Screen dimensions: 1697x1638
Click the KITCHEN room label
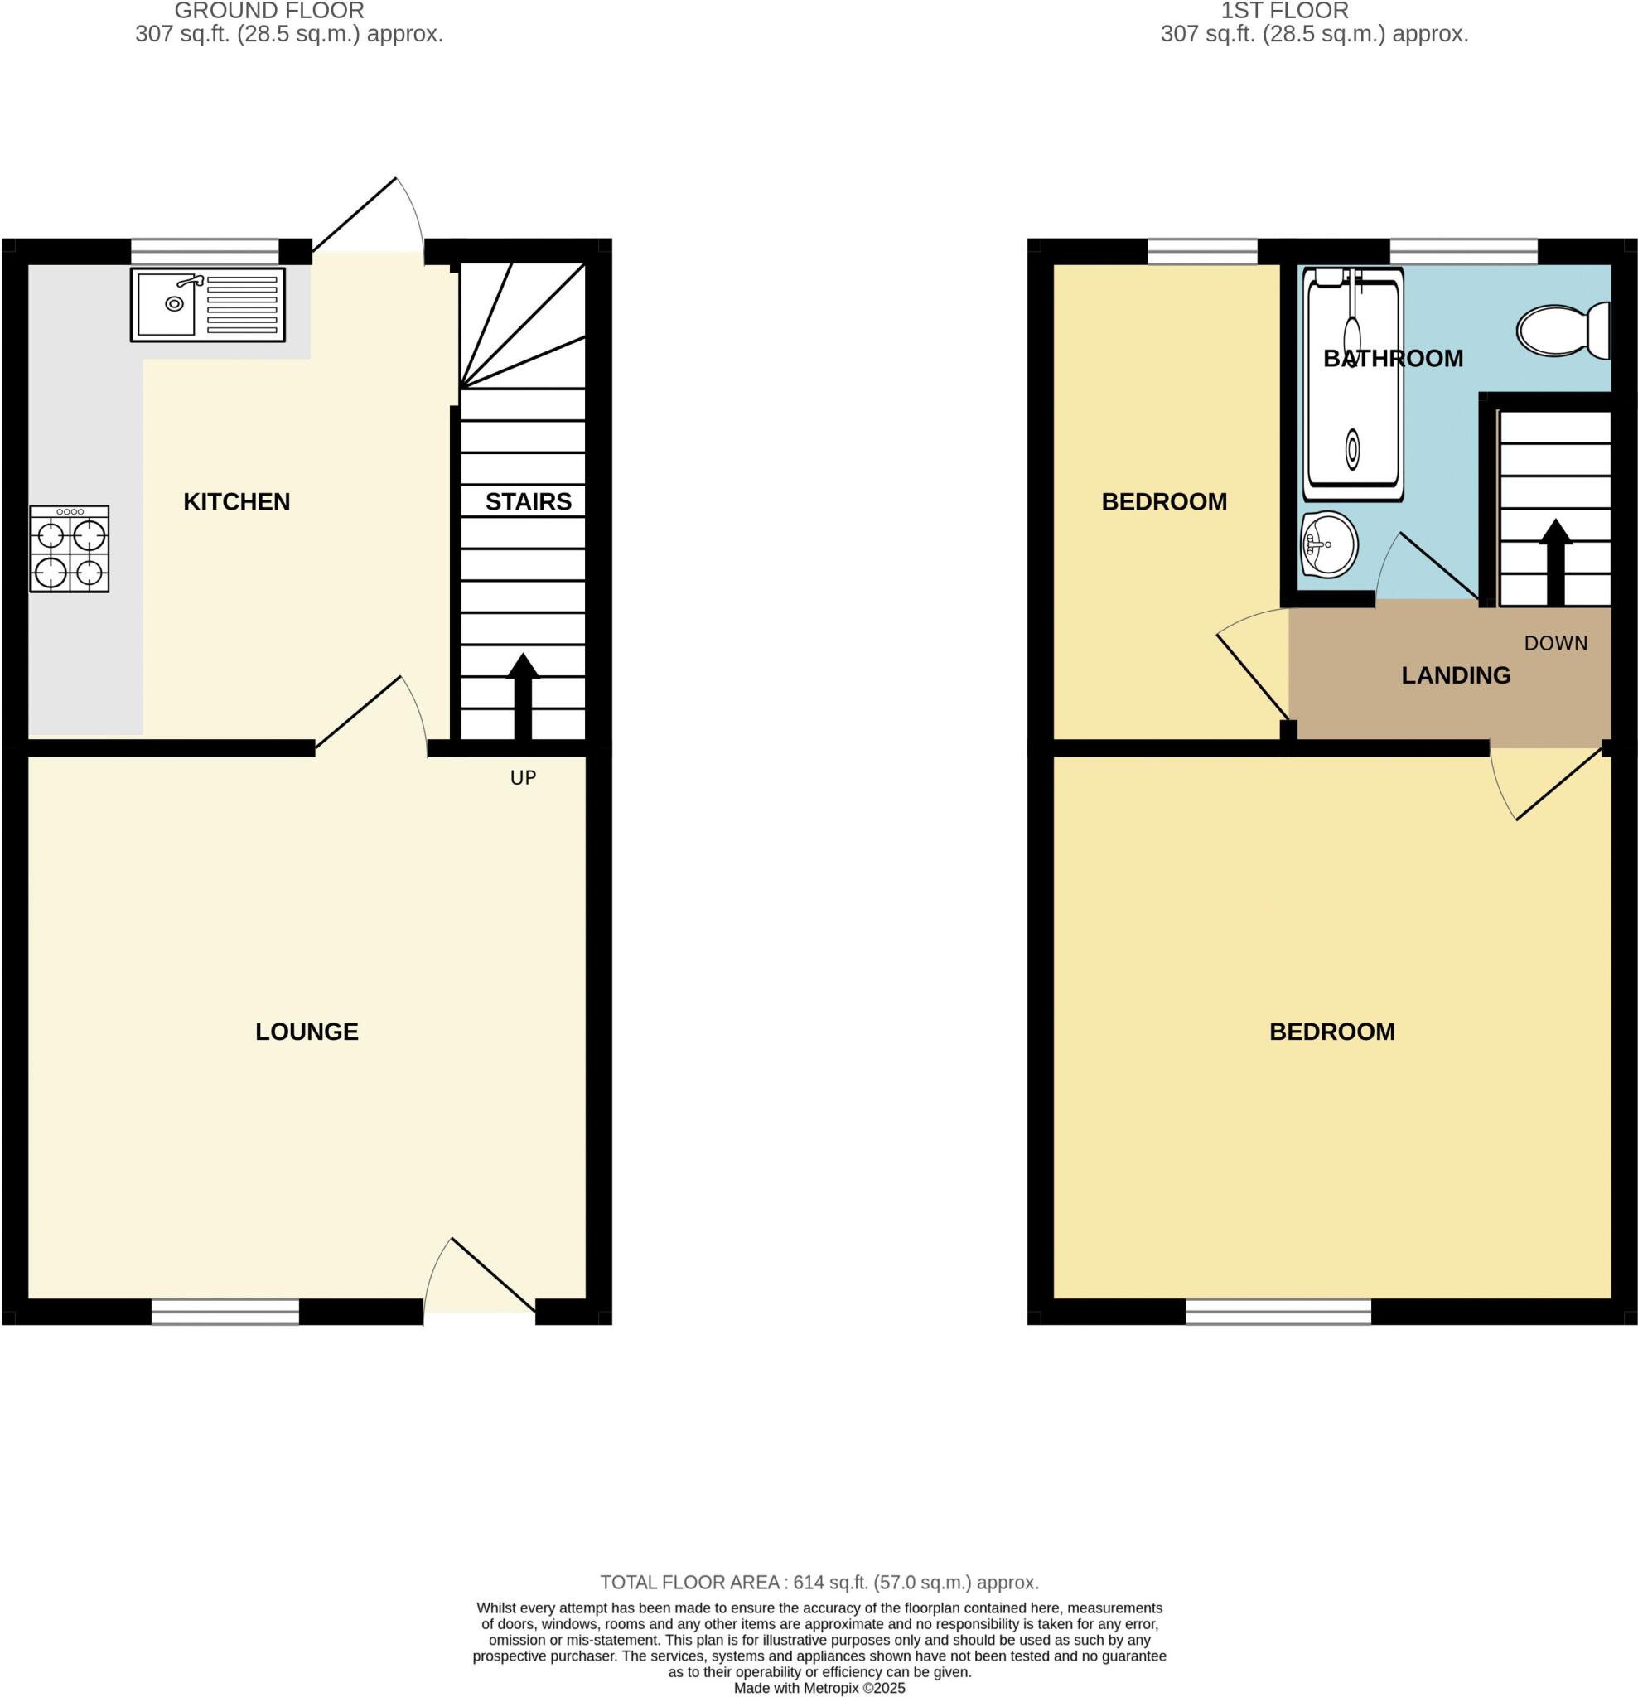pyautogui.click(x=236, y=501)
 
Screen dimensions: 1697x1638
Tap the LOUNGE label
pyautogui.click(x=307, y=1031)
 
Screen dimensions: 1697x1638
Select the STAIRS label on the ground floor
pyautogui.click(x=528, y=501)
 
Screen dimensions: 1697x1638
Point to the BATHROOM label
pyautogui.click(x=1392, y=359)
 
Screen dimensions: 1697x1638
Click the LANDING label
pyautogui.click(x=1456, y=675)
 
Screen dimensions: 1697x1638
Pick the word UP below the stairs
pyautogui.click(x=523, y=777)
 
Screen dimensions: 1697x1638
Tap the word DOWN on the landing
pyautogui.click(x=1555, y=643)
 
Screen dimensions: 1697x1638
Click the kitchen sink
pyautogui.click(x=208, y=305)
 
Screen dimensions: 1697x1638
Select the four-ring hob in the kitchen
pyautogui.click(x=70, y=549)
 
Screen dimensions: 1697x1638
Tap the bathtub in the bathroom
pyautogui.click(x=1352, y=384)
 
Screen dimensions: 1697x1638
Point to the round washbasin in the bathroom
pyautogui.click(x=1328, y=544)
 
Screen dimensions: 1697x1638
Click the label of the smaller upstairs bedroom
pyautogui.click(x=1163, y=501)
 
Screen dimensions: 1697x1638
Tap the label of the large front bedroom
pyautogui.click(x=1331, y=1031)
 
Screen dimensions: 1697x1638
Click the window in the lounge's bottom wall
pyautogui.click(x=225, y=1312)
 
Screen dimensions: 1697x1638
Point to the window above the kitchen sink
pyautogui.click(x=205, y=252)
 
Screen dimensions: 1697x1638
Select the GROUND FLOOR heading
pyautogui.click(x=269, y=12)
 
